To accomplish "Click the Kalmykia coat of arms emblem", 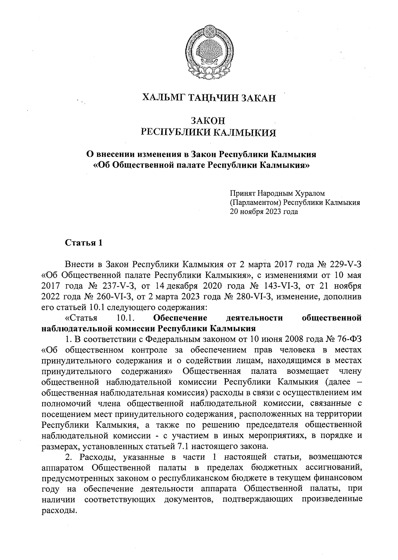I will pos(208,54).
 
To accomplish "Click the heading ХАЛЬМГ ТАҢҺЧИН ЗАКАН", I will pos(209,98).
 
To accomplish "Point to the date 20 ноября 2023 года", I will pos(264,211).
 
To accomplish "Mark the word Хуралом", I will pos(310,193).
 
